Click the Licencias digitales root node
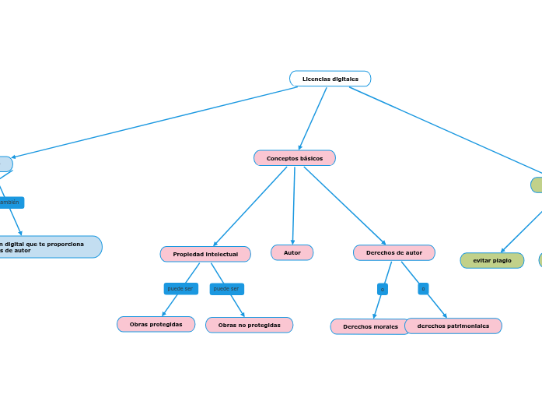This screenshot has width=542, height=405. click(330, 79)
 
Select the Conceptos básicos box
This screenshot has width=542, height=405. click(294, 158)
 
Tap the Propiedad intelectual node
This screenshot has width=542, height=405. click(205, 254)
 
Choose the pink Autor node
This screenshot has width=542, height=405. click(292, 252)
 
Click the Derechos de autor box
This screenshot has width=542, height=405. click(393, 252)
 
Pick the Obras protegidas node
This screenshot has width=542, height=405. click(156, 324)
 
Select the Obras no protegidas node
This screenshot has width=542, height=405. click(249, 325)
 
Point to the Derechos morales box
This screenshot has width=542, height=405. click(370, 326)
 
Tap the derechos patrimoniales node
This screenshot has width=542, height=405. click(453, 326)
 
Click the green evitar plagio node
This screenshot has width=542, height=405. click(492, 260)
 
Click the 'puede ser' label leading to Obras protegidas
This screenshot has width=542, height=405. click(180, 289)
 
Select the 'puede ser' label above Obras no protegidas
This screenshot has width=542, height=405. click(226, 289)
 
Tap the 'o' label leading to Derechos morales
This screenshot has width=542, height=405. click(382, 289)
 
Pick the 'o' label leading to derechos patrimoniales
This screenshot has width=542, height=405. click(423, 289)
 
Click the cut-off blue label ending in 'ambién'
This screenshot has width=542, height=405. click(10, 202)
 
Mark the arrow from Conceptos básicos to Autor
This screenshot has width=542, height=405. click(294, 206)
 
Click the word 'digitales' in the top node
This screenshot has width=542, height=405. click(345, 79)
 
